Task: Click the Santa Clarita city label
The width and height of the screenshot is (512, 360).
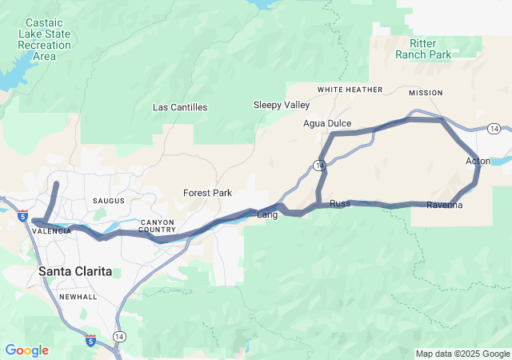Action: [x=75, y=272]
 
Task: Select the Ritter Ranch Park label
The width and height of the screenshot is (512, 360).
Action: [x=423, y=48]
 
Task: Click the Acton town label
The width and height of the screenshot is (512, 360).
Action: [x=478, y=162]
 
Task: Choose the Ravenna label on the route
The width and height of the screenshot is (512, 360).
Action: [x=444, y=206]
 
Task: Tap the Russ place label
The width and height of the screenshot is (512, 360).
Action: [x=340, y=204]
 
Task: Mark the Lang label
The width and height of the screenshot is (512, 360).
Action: [x=266, y=214]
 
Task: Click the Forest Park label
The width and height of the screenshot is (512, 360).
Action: [x=207, y=193]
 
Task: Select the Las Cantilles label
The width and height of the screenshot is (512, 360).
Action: [x=180, y=107]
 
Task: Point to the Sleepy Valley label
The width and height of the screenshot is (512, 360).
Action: [x=281, y=105]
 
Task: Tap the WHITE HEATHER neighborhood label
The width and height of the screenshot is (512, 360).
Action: [x=350, y=90]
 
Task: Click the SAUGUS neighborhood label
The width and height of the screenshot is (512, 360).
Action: [x=108, y=200]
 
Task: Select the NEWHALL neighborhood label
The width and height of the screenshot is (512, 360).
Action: [x=78, y=297]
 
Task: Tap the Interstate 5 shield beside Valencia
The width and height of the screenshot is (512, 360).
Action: [x=22, y=215]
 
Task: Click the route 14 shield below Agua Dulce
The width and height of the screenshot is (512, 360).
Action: [x=319, y=166]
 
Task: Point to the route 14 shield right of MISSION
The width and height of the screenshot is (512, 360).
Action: [x=494, y=129]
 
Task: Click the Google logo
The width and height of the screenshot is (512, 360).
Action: [x=27, y=350]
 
